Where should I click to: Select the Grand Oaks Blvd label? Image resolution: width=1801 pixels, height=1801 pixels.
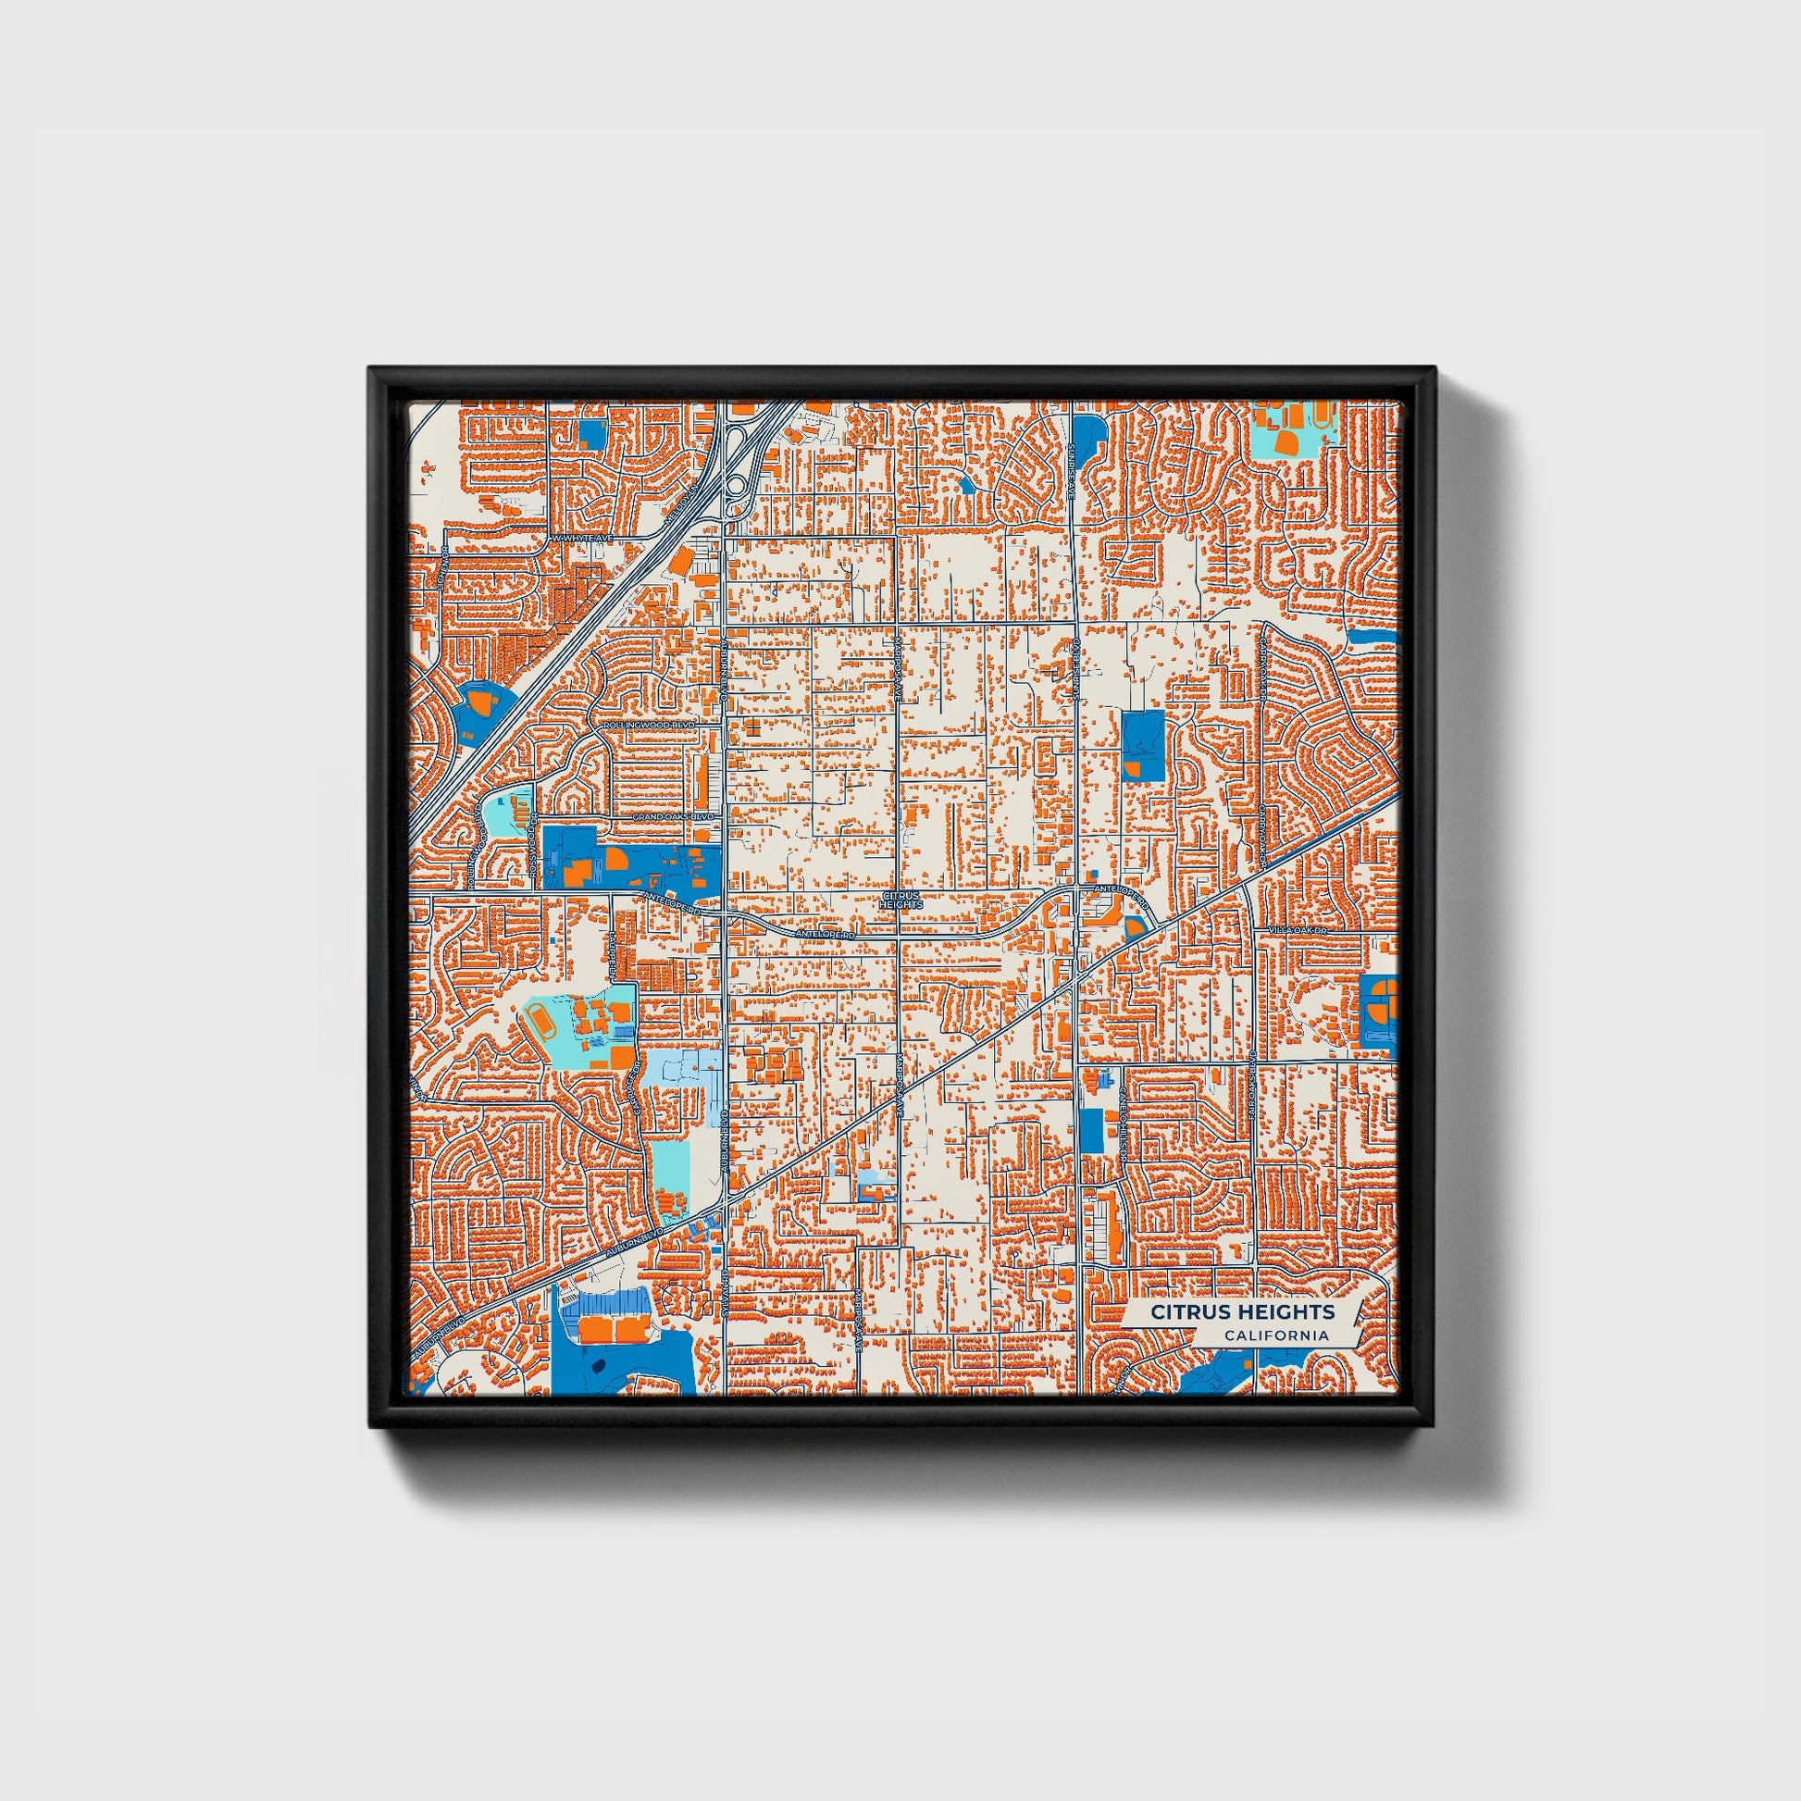[x=673, y=816]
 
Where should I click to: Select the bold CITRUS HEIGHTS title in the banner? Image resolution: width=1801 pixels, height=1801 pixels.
[x=1242, y=1311]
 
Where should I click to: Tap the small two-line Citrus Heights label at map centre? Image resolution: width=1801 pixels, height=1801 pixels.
[x=900, y=900]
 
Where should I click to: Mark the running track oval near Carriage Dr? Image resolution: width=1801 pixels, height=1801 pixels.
[x=540, y=1022]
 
